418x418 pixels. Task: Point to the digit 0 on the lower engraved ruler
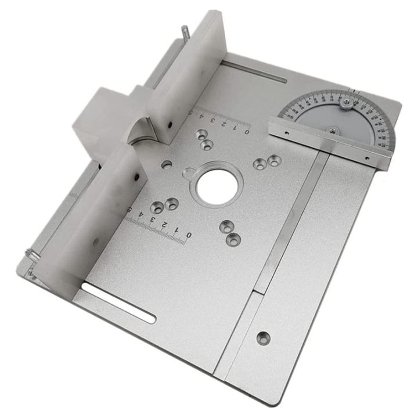coord(188,235)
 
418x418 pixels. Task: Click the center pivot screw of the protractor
coord(333,130)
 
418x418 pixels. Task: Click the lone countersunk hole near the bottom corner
coord(264,337)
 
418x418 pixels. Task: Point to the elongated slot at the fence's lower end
coord(118,302)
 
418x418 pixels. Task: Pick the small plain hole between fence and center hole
coord(167,164)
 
